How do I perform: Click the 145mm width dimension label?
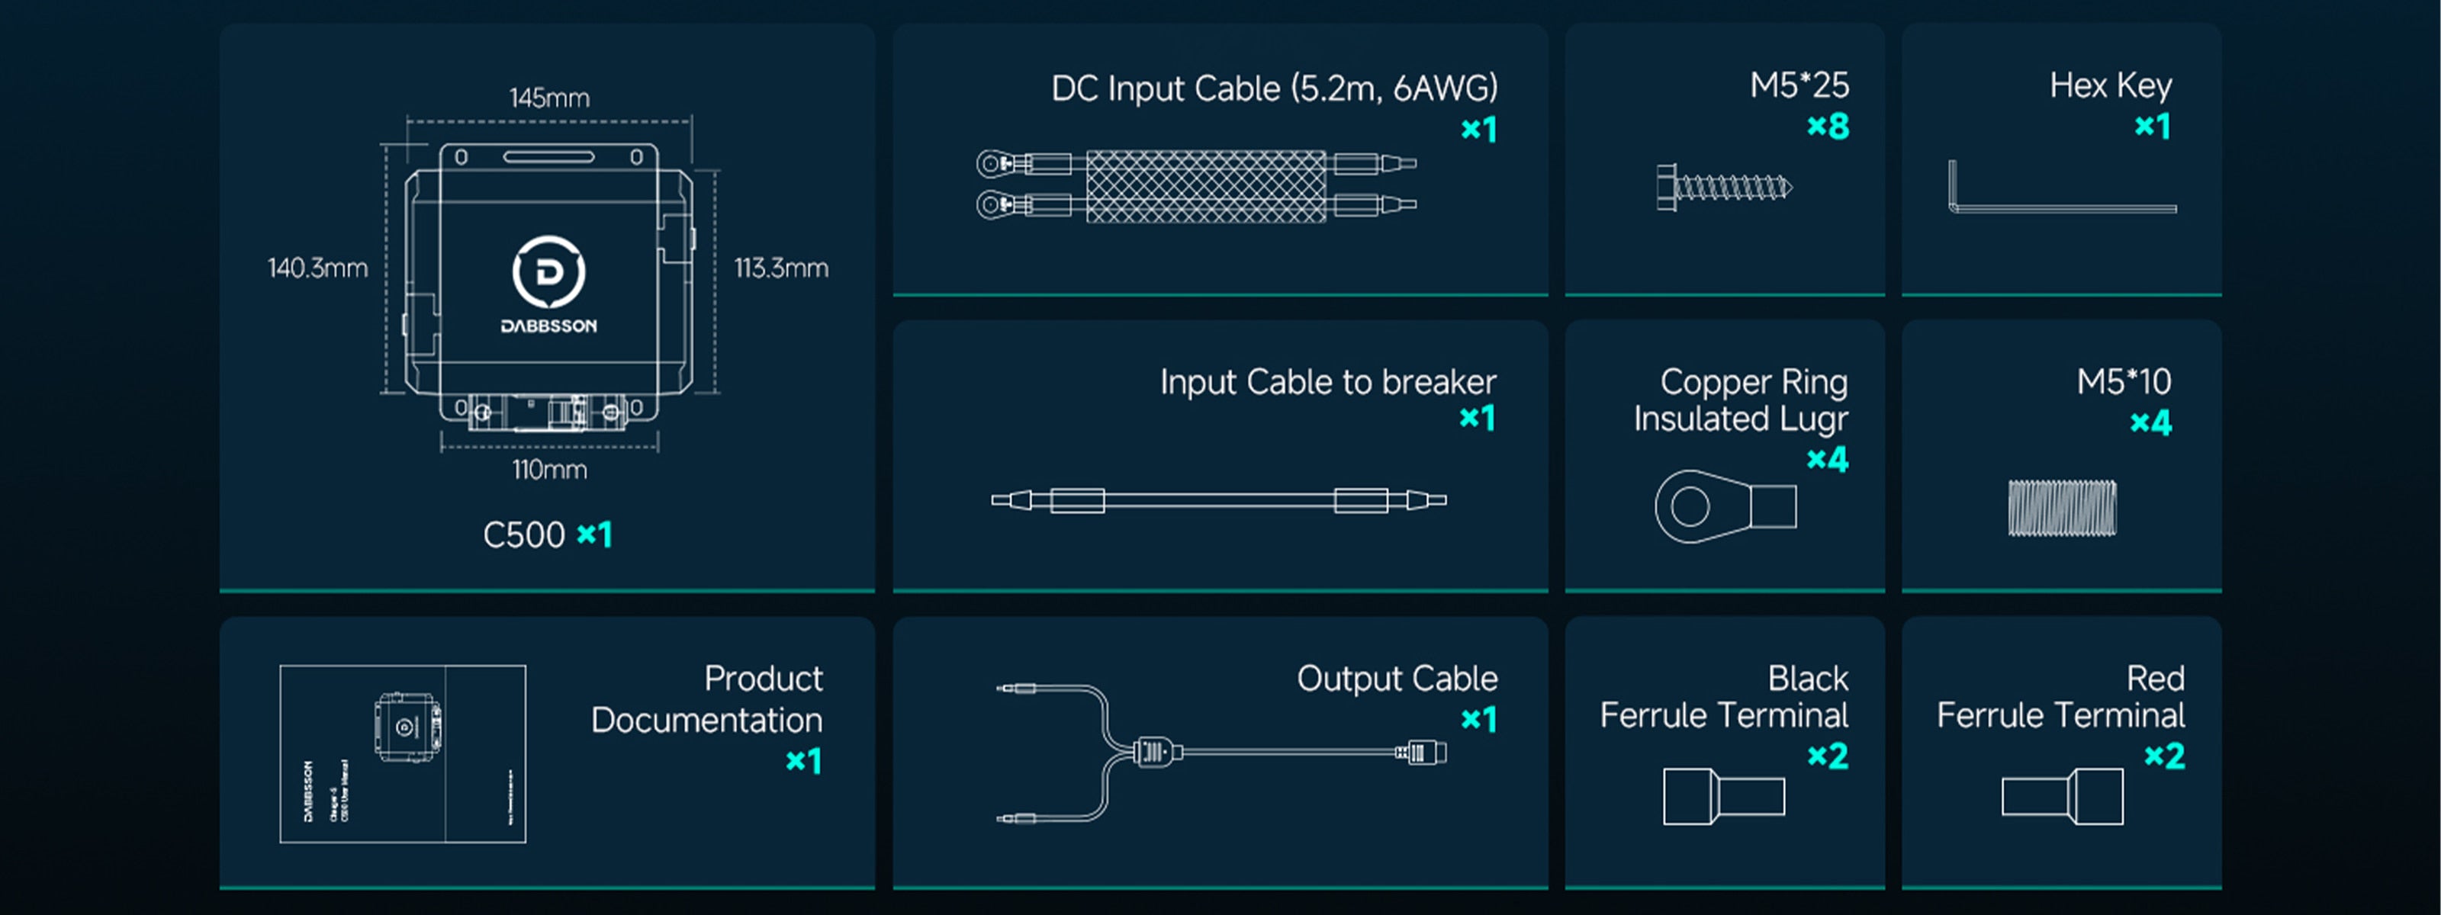[x=548, y=98]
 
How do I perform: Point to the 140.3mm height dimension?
[x=317, y=268]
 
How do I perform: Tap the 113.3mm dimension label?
[x=781, y=268]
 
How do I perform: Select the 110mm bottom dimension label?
[x=549, y=470]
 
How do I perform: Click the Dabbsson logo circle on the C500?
[x=548, y=273]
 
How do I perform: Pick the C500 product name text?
[x=523, y=535]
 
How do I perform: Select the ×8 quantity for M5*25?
[x=1827, y=126]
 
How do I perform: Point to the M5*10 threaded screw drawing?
[x=2061, y=508]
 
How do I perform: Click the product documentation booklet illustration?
[x=403, y=754]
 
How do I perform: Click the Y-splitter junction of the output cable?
[x=1153, y=752]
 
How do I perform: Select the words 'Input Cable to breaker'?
[x=1327, y=382]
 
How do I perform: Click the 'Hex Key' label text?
[x=2110, y=86]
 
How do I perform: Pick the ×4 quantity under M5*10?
[x=2150, y=422]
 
